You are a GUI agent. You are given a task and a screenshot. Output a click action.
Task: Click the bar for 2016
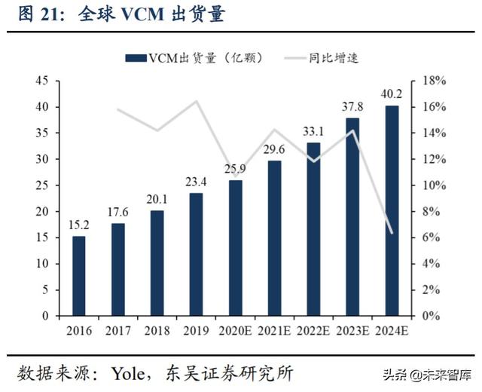pos(79,276)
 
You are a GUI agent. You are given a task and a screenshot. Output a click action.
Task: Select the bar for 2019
pos(196,254)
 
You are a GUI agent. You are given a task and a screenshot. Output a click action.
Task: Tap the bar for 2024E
pos(392,210)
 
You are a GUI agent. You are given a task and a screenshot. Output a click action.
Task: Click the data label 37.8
pos(352,106)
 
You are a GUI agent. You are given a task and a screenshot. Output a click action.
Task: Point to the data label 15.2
pos(79,225)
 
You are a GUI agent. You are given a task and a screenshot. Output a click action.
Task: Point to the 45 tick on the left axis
pos(42,81)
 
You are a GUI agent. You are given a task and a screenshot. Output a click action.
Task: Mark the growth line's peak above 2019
pos(197,102)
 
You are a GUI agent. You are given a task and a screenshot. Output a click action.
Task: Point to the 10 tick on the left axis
pos(42,264)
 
